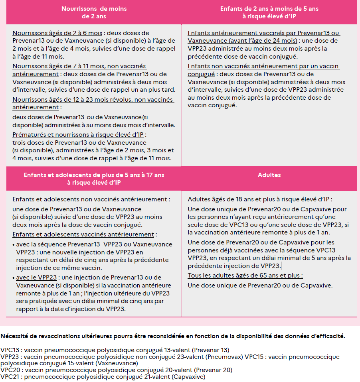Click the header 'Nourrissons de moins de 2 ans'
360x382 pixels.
[x=93, y=12]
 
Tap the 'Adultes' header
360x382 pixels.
[x=269, y=175]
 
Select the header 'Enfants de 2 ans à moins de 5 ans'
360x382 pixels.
[x=269, y=12]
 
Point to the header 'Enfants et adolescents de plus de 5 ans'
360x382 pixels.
[x=93, y=179]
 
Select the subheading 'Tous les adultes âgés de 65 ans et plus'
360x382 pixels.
[x=244, y=276]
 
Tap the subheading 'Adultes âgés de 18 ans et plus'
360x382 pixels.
[x=259, y=199]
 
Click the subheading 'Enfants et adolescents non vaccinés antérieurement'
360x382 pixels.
[x=89, y=199]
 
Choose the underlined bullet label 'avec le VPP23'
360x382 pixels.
[x=36, y=278]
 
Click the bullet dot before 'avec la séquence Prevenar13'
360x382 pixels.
[x=14, y=244]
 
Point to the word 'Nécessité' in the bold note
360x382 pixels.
[x=15, y=336]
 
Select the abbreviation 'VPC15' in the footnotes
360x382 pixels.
[x=254, y=357]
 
